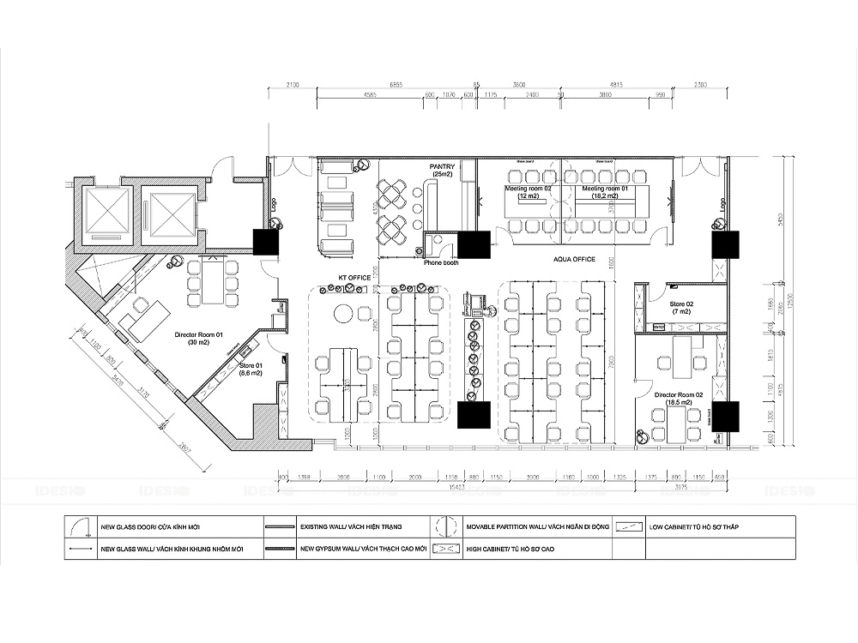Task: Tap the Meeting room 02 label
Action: pyautogui.click(x=528, y=191)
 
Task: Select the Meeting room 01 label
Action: pyautogui.click(x=605, y=191)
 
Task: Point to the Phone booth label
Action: pyautogui.click(x=441, y=262)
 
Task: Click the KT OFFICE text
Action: pyautogui.click(x=353, y=278)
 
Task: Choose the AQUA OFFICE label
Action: pyautogui.click(x=574, y=258)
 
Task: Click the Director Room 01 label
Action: pyautogui.click(x=198, y=338)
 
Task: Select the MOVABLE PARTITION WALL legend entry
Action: pyautogui.click(x=533, y=526)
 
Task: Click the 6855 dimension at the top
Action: pyautogui.click(x=396, y=85)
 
